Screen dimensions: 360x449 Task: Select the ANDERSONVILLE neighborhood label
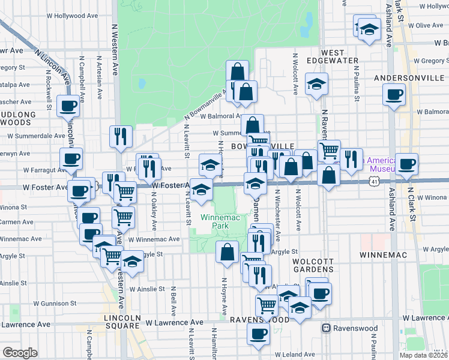[x=408, y=78]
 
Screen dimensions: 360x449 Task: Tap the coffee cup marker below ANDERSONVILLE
[x=394, y=95]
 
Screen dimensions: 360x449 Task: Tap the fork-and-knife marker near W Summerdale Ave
[x=121, y=136]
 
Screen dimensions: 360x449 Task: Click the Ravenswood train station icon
[x=327, y=328]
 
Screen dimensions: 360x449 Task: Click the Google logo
[x=20, y=353]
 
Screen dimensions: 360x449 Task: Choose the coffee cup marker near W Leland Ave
[x=259, y=335]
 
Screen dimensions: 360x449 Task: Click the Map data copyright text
[x=423, y=355]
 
